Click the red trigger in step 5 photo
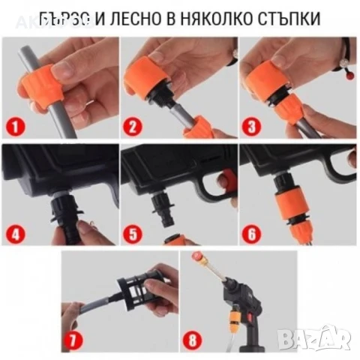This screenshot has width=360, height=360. (x=223, y=178)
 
